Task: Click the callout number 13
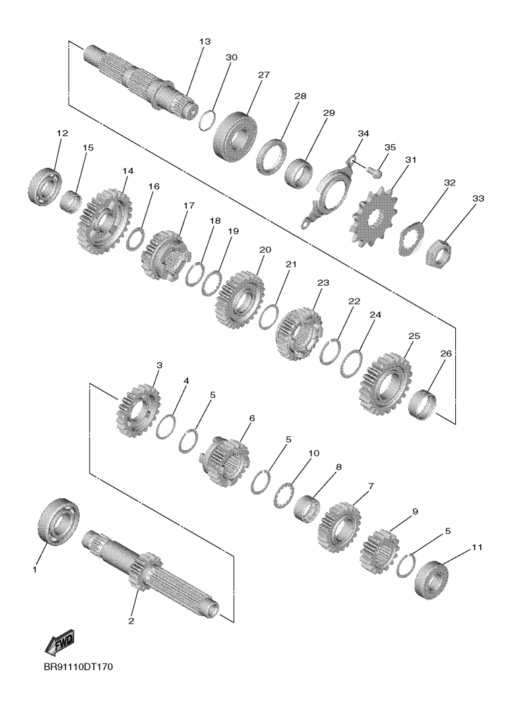pos(205,42)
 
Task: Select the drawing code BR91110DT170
pos(78,667)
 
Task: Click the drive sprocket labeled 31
pos(374,218)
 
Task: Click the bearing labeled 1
pos(58,520)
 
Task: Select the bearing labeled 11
pos(432,580)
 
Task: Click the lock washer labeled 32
pos(412,239)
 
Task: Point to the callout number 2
pos(131,622)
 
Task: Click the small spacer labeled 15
pos(71,202)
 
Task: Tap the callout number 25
pos(413,336)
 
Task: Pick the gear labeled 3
pos(138,411)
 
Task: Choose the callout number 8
pos(339,467)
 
